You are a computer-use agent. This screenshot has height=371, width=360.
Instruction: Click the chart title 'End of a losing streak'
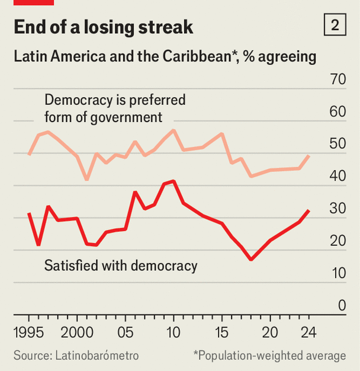pyautogui.click(x=103, y=27)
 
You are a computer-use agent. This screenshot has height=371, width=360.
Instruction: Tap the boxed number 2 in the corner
pyautogui.click(x=335, y=25)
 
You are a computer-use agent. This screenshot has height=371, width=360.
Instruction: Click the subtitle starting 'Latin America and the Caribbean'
pyautogui.click(x=165, y=57)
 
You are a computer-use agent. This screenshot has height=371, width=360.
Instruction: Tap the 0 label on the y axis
pyautogui.click(x=342, y=305)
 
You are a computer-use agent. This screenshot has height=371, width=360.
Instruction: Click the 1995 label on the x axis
pyautogui.click(x=28, y=332)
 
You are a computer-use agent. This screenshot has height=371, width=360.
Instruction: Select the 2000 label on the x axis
pyautogui.click(x=77, y=332)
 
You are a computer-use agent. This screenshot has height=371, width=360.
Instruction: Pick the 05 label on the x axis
pyautogui.click(x=126, y=332)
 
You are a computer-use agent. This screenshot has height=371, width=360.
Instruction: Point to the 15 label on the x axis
pyautogui.click(x=222, y=332)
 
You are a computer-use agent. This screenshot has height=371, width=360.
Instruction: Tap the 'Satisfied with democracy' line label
pyautogui.click(x=121, y=266)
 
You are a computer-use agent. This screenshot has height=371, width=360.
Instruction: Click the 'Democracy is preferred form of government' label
pyautogui.click(x=115, y=108)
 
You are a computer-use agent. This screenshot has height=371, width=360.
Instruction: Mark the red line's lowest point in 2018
pyautogui.click(x=251, y=260)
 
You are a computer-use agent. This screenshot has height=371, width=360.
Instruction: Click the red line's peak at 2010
pyautogui.click(x=173, y=181)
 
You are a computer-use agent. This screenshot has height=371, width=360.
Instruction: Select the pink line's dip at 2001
pyautogui.click(x=86, y=180)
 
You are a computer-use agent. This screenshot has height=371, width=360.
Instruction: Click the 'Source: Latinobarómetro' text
pyautogui.click(x=76, y=356)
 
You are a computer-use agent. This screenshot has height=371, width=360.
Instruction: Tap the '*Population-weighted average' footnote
pyautogui.click(x=269, y=356)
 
